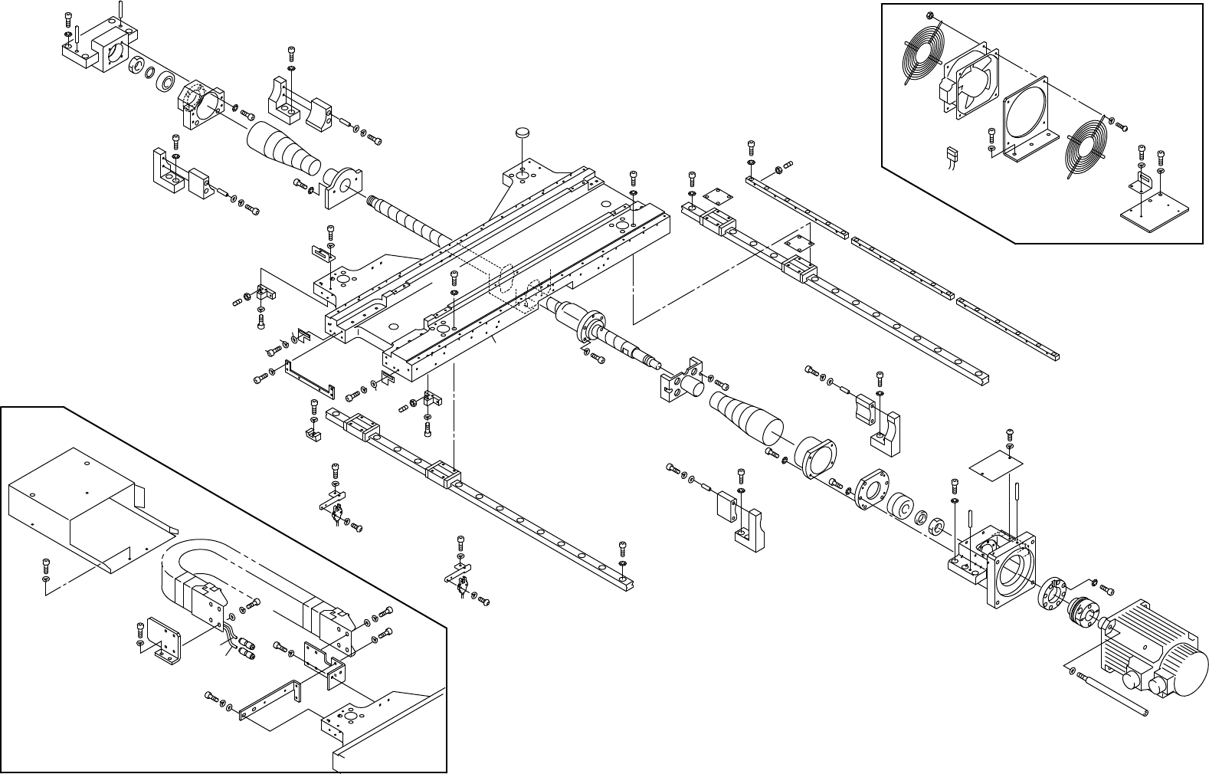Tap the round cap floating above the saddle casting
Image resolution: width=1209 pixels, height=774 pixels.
coord(523,133)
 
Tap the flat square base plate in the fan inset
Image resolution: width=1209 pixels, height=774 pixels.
coord(1155,212)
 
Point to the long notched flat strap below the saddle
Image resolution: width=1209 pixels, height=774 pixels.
coord(310,379)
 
